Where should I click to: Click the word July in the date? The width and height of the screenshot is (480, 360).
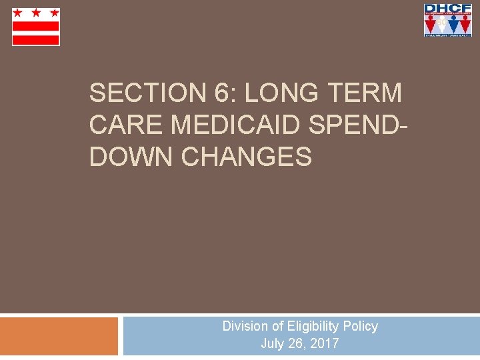coord(273,344)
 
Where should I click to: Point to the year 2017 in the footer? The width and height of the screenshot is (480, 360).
coord(325,344)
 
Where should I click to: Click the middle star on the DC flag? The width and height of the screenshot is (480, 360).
coord(36,13)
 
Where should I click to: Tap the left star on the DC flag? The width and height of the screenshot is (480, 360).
coord(19,13)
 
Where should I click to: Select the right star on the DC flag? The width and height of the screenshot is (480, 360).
coord(53,13)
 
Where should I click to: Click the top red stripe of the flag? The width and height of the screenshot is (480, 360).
coord(36,25)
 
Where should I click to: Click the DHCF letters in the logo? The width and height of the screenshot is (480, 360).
coord(448,9)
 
